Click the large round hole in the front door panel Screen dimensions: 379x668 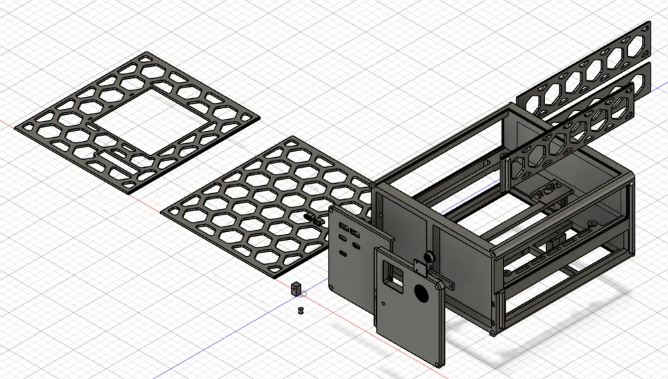click(422, 293)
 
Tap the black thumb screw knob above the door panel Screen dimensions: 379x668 click(427, 256)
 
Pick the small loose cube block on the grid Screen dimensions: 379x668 click(296, 289)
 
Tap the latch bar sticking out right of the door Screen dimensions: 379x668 click(447, 283)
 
